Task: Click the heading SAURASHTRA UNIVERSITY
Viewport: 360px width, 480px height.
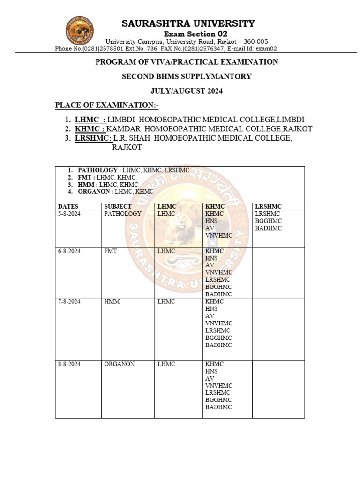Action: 188,23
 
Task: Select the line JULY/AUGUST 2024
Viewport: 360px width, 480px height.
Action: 187,91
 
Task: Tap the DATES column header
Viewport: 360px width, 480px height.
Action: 68,206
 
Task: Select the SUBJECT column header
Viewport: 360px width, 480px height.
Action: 118,206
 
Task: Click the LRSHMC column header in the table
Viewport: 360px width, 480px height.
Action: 268,206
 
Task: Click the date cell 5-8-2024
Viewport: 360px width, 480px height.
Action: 69,214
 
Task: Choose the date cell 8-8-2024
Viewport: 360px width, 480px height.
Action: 69,364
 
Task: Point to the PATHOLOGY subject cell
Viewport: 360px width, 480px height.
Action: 123,214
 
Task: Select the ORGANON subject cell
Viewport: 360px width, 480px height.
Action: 120,364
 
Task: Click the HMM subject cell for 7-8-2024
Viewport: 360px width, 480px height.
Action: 112,301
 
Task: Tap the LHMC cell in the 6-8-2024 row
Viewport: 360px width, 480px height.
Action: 166,251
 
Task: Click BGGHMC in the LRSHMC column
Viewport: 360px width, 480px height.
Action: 269,221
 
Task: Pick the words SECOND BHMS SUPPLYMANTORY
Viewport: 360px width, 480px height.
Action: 187,76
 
